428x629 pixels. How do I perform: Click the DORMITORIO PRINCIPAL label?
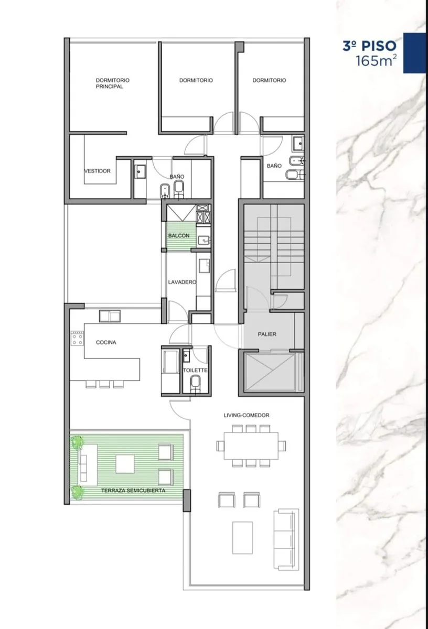pyautogui.click(x=113, y=83)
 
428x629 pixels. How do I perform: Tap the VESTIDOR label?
pyautogui.click(x=98, y=171)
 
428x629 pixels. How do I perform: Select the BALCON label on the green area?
pyautogui.click(x=179, y=235)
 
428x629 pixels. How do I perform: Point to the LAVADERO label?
pyautogui.click(x=182, y=282)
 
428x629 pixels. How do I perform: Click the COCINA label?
pyautogui.click(x=106, y=342)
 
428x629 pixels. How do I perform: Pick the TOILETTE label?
pyautogui.click(x=195, y=371)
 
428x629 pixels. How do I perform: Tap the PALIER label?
pyautogui.click(x=267, y=334)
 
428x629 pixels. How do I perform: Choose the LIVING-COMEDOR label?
pyautogui.click(x=247, y=415)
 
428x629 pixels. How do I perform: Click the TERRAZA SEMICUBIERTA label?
pyautogui.click(x=133, y=491)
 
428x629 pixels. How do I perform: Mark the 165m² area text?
pyautogui.click(x=377, y=61)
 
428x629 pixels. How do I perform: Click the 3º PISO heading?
pyautogui.click(x=369, y=46)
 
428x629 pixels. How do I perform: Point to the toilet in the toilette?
pyautogui.click(x=195, y=383)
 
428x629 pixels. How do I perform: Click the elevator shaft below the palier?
pyautogui.click(x=270, y=372)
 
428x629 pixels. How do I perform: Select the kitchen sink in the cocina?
pyautogui.click(x=110, y=316)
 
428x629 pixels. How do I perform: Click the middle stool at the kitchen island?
pyautogui.click(x=104, y=384)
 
